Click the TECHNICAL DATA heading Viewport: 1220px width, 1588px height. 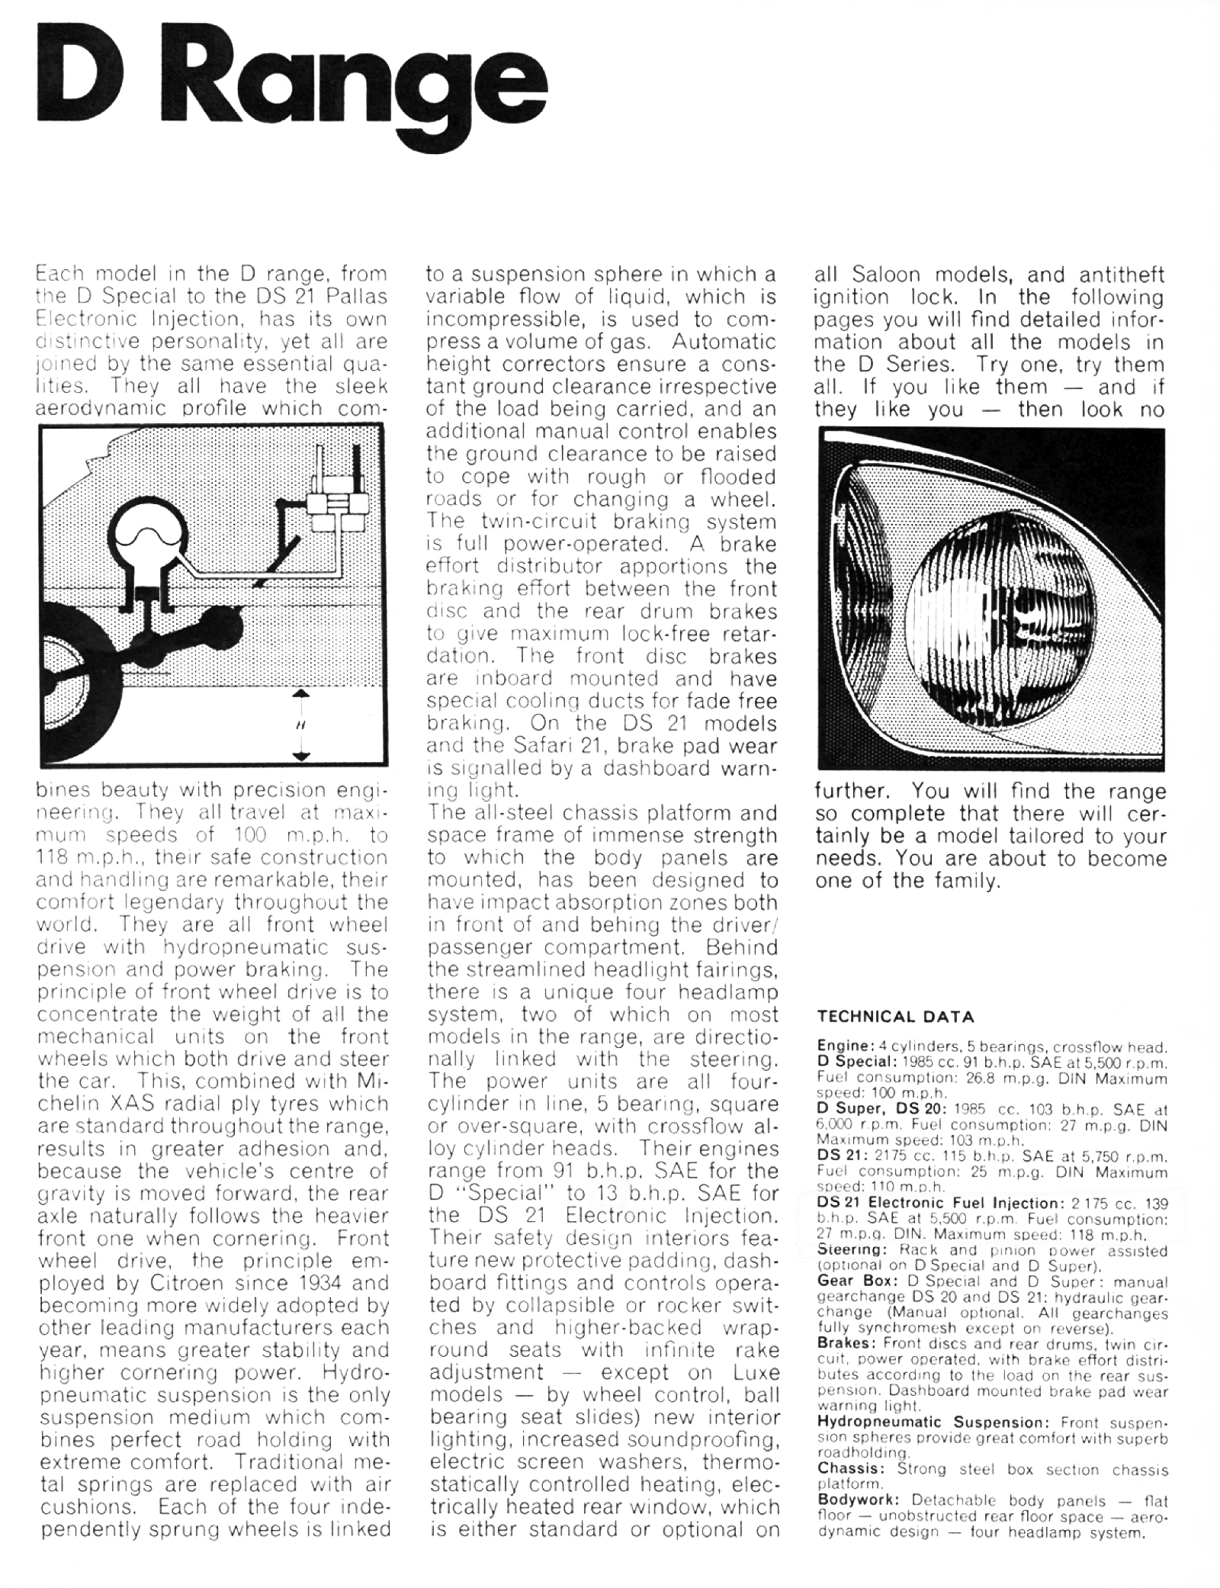tap(895, 1017)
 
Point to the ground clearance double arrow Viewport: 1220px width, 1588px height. tap(302, 725)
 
